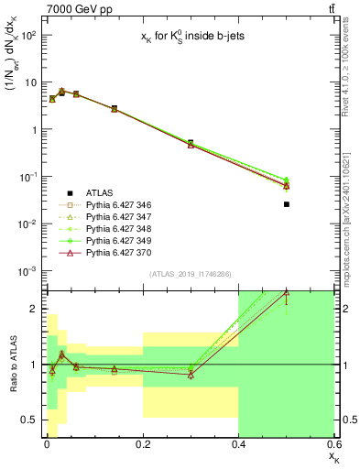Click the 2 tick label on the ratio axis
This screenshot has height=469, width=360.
(35, 309)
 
